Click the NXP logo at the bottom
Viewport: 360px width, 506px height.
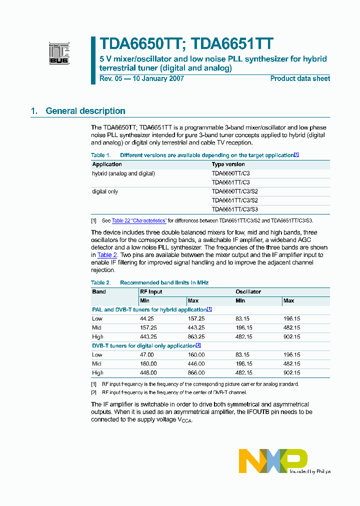(x=273, y=460)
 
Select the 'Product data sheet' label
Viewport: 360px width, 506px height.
(x=300, y=78)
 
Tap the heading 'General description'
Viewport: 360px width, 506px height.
(x=85, y=111)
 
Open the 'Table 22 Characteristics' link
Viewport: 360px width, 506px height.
(x=138, y=220)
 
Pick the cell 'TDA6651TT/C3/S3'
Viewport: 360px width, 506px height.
(x=234, y=209)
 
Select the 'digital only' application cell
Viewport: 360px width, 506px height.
(x=105, y=191)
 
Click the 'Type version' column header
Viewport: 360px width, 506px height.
(x=228, y=164)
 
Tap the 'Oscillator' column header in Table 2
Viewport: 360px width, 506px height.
(x=248, y=291)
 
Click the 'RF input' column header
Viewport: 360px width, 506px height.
(x=151, y=291)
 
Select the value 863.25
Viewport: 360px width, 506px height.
(x=196, y=336)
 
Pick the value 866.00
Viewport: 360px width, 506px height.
(x=196, y=372)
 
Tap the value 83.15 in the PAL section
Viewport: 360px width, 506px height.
(x=244, y=318)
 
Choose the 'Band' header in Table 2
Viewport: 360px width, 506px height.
(x=99, y=291)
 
